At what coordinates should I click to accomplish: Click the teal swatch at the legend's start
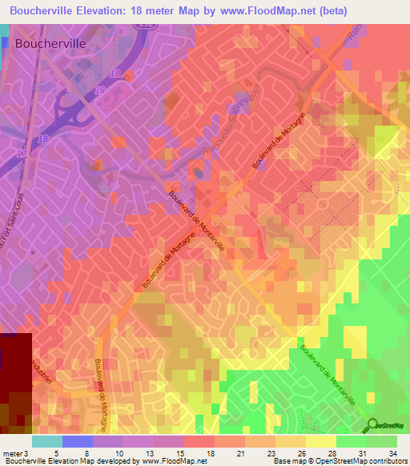pos(46,440)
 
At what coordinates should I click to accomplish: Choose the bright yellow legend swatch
pos(320,440)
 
